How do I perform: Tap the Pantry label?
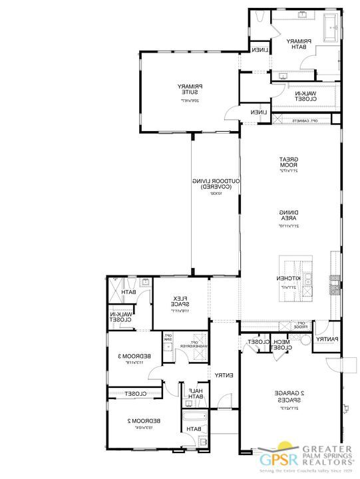tap(327, 339)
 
